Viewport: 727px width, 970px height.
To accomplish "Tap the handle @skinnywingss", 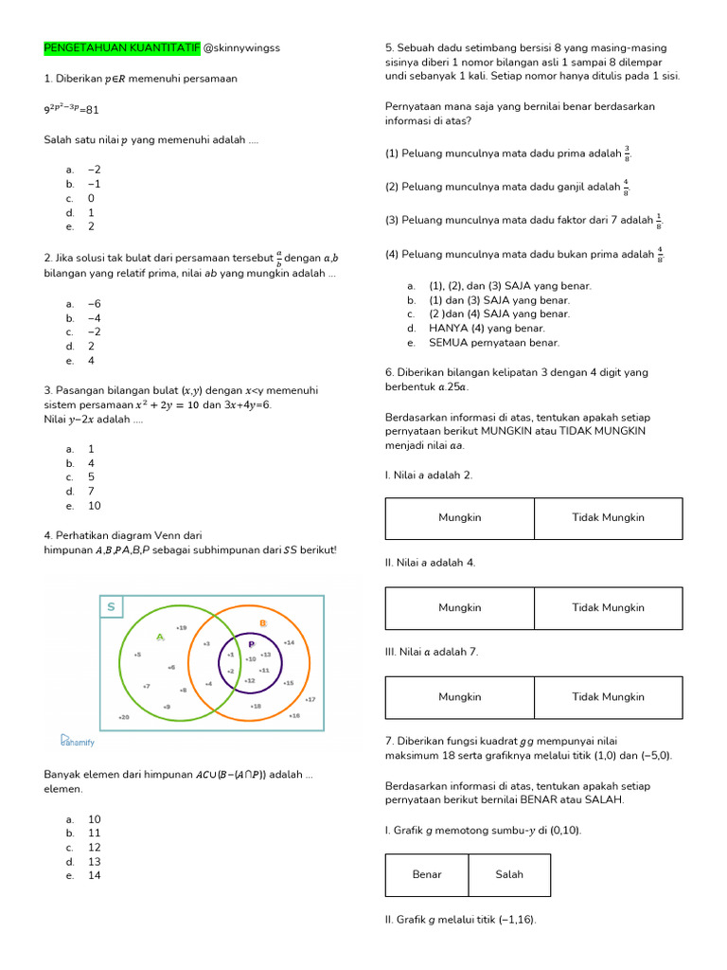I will tap(241, 48).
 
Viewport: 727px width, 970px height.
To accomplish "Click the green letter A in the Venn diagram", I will tap(160, 637).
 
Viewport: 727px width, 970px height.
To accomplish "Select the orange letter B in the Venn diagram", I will tap(263, 623).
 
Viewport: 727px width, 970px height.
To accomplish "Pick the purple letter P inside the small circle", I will tap(252, 644).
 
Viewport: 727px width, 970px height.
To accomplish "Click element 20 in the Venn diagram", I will tap(123, 717).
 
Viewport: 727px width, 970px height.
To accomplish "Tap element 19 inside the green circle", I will tap(181, 627).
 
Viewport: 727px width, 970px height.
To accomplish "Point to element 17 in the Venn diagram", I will tap(310, 699).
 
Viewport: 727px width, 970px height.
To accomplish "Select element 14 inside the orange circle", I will tap(289, 642).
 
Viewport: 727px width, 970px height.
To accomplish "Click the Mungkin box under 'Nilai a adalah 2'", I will tap(459, 518).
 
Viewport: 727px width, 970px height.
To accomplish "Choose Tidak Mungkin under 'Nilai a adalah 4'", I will tap(608, 608).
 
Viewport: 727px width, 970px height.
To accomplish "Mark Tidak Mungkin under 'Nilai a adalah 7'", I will tap(608, 697).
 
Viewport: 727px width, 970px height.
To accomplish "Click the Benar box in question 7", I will tap(427, 874).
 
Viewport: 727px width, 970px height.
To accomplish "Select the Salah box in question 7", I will tap(508, 874).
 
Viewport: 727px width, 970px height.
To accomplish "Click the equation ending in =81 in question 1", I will tap(71, 109).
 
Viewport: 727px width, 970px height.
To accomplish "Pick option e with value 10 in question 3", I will tap(94, 506).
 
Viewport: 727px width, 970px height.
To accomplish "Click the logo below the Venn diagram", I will tap(78, 741).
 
